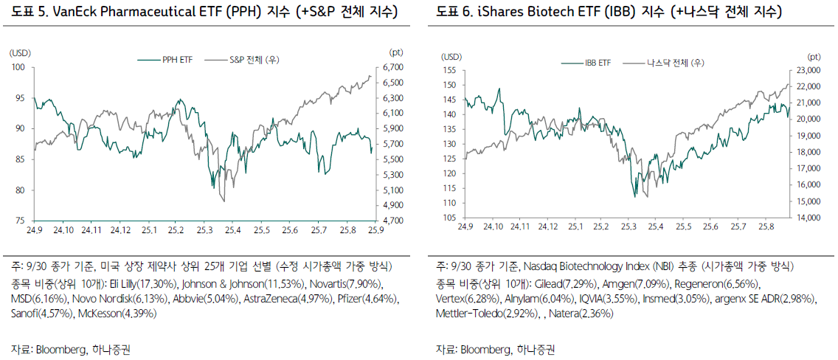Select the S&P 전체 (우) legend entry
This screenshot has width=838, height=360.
(x=254, y=60)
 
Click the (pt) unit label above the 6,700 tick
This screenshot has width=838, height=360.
(x=395, y=52)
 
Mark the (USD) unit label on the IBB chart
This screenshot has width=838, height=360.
(x=451, y=56)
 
